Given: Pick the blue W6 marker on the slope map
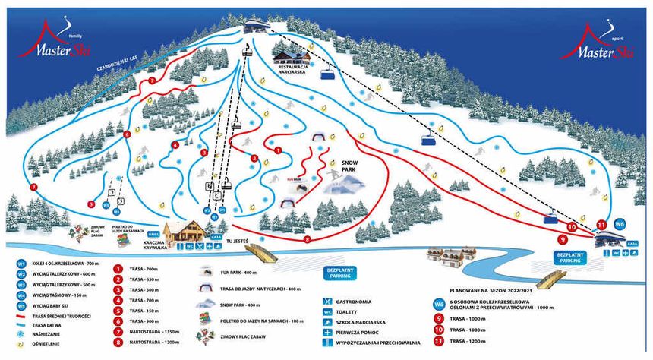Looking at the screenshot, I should pos(620,224).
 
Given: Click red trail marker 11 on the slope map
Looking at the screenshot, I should pos(601,225).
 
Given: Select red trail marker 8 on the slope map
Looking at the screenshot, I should pos(308,239).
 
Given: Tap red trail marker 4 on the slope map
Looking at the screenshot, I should pos(175,145).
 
